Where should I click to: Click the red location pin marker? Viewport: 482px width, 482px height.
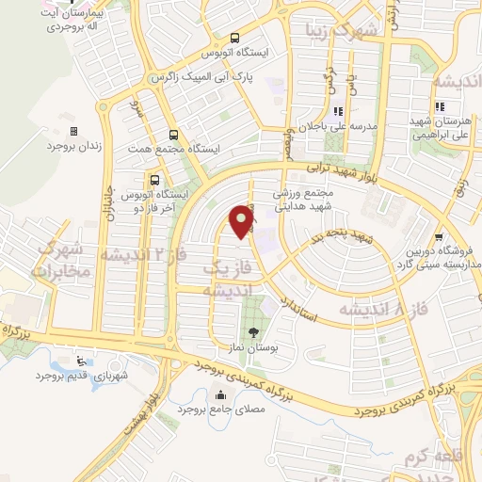coord(242,220)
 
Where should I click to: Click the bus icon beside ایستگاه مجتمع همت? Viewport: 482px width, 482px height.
coord(172,135)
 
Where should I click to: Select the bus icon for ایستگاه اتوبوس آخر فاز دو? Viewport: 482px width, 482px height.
coord(153,179)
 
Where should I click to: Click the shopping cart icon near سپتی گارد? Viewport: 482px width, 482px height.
coord(439,237)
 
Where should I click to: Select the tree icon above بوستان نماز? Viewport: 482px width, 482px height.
coord(251,332)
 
